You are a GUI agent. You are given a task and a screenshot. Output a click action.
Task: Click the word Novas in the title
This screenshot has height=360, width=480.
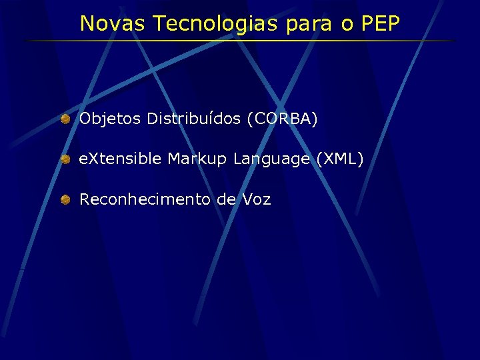(x=113, y=23)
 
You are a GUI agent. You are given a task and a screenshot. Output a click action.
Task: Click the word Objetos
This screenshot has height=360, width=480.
(x=111, y=119)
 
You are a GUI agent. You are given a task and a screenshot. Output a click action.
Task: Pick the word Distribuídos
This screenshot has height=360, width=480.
(x=194, y=119)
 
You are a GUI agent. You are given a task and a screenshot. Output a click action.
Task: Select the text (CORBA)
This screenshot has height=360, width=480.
(x=282, y=119)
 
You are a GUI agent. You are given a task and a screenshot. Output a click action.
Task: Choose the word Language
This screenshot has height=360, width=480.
(x=271, y=159)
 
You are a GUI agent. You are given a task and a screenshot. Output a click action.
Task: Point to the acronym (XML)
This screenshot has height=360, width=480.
(x=340, y=159)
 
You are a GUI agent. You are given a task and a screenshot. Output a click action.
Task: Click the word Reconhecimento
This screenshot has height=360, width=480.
(x=145, y=199)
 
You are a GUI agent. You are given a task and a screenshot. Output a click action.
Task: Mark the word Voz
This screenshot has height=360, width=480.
(x=257, y=199)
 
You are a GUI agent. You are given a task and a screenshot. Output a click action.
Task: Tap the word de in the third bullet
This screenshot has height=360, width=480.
(x=226, y=199)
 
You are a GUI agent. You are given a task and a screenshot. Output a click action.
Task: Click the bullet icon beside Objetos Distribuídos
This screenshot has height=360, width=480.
(x=65, y=119)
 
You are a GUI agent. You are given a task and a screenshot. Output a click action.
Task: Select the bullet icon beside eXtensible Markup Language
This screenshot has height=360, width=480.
(x=65, y=159)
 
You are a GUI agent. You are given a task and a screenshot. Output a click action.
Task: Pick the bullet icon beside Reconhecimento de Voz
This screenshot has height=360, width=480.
(x=65, y=199)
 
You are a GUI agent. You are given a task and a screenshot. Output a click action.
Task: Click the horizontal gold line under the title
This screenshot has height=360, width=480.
(x=240, y=41)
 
